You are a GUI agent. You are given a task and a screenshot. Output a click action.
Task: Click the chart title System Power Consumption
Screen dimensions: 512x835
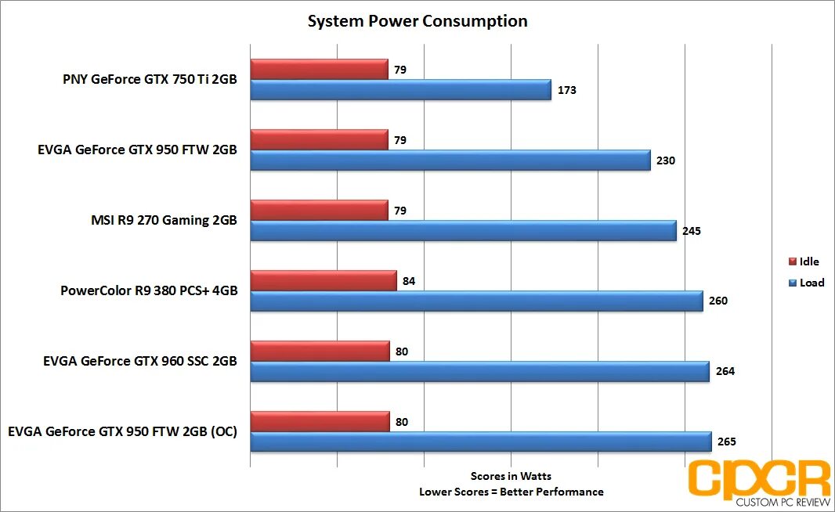(x=417, y=21)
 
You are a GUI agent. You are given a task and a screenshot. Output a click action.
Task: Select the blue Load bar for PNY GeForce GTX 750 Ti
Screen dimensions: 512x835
(x=400, y=90)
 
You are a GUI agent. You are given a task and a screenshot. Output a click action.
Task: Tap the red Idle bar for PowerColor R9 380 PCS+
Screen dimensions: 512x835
(x=323, y=280)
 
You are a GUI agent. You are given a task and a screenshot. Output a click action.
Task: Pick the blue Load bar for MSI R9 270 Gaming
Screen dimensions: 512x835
(x=463, y=231)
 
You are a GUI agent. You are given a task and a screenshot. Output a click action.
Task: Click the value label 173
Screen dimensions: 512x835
(x=567, y=90)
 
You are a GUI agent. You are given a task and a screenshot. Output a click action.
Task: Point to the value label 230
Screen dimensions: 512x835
(x=665, y=160)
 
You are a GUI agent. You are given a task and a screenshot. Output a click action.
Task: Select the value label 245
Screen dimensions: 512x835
(x=691, y=231)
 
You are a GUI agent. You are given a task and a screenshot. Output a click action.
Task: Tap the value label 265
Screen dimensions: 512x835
(x=726, y=442)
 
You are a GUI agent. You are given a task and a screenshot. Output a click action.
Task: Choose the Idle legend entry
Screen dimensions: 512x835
(x=807, y=261)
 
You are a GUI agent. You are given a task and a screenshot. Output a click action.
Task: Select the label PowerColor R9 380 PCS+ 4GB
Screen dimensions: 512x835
(x=149, y=291)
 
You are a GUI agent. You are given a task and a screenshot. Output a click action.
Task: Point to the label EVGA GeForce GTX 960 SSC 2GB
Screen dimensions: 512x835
(x=140, y=362)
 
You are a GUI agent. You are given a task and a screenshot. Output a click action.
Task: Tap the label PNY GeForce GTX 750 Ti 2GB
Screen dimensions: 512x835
(x=150, y=79)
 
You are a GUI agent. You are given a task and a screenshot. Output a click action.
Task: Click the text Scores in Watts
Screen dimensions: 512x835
(x=511, y=476)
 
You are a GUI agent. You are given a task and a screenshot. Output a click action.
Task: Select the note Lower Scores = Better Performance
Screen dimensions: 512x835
(x=511, y=492)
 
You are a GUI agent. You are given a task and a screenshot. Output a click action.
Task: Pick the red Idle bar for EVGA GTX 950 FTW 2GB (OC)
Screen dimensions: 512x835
(x=320, y=421)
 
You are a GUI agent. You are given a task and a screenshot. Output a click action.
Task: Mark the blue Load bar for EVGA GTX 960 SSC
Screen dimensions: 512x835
(x=479, y=371)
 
